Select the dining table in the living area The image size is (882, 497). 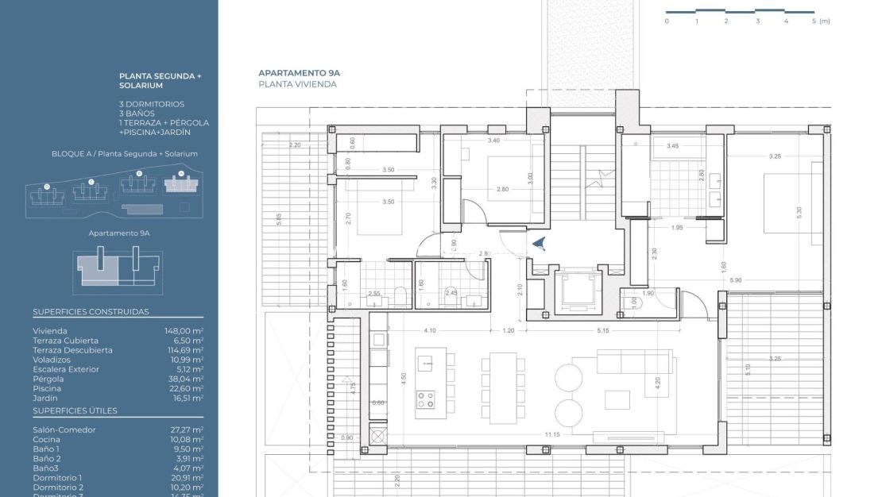(502, 379)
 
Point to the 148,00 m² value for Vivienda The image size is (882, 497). (183, 331)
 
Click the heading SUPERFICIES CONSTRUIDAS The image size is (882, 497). (91, 312)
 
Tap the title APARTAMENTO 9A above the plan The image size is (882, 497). (293, 73)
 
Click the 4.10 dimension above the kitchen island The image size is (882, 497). (430, 330)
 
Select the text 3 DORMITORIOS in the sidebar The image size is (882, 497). (151, 104)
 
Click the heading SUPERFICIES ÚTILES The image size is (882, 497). (75, 410)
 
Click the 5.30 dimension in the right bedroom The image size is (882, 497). (799, 213)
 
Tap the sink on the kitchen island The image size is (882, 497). (427, 364)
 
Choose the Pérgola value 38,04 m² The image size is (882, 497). (183, 379)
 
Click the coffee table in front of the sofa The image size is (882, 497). (617, 398)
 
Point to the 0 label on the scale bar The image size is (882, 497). (667, 21)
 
